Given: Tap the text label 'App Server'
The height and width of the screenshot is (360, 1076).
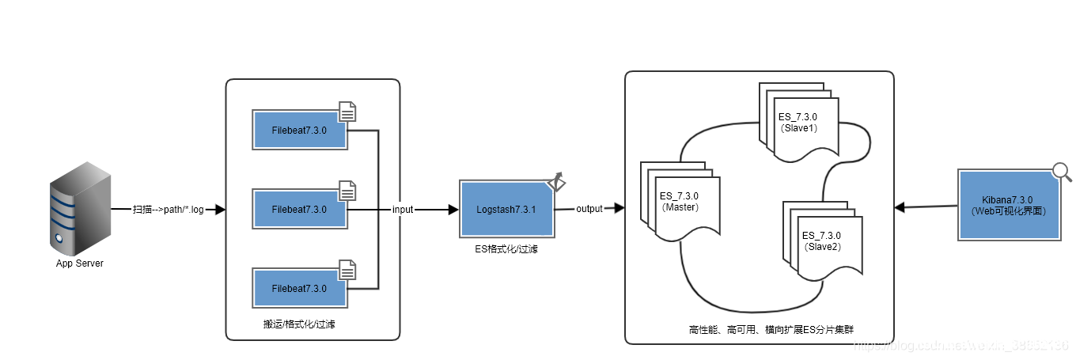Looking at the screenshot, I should (x=79, y=263).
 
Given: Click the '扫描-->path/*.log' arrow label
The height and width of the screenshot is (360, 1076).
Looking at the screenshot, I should (x=168, y=210).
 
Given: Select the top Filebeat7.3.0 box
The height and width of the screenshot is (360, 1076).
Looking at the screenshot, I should (x=299, y=130).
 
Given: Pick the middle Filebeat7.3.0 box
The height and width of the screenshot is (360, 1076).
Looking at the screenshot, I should (x=299, y=210).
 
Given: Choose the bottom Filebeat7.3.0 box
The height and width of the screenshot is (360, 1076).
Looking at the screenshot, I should (x=299, y=289).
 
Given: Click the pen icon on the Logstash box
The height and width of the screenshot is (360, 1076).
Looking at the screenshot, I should (x=557, y=181).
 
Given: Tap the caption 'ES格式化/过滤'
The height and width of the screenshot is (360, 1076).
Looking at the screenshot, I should (x=506, y=248).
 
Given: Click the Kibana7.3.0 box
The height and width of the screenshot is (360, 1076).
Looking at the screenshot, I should (x=1007, y=205).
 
